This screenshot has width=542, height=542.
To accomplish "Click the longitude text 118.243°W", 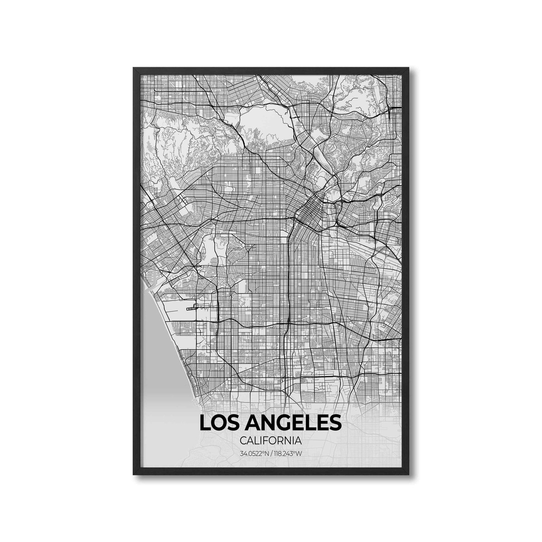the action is [x=288, y=453].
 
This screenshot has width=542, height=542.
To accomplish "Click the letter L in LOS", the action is [x=204, y=423].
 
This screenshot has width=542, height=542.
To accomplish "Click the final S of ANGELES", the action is [x=335, y=423].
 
